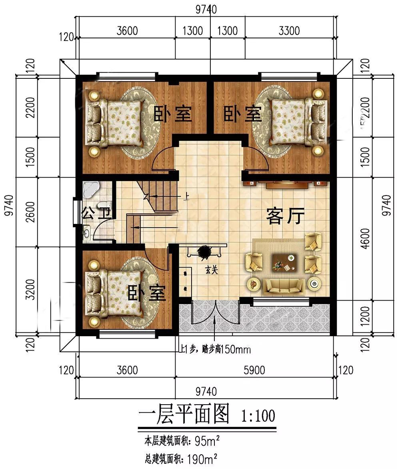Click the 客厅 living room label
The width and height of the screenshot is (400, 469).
pyautogui.click(x=286, y=217)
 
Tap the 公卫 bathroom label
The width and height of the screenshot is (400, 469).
pyautogui.click(x=96, y=212)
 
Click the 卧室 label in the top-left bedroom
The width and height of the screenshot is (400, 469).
pyautogui.click(x=173, y=115)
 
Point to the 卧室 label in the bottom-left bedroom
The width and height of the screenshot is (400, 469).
pyautogui.click(x=147, y=294)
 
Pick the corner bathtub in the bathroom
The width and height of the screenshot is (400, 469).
pyautogui.click(x=91, y=189)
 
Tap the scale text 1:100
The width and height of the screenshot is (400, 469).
pyautogui.click(x=258, y=416)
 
